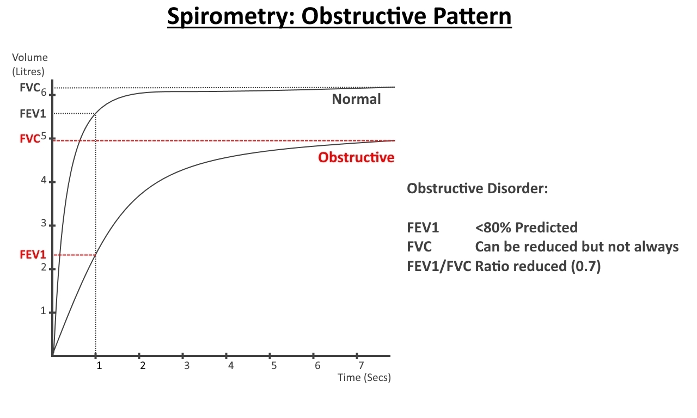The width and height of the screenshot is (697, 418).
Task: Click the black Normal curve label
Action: pos(356,99)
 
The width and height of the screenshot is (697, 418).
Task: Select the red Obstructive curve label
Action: pos(356,157)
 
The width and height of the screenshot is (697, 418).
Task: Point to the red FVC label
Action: pos(30,139)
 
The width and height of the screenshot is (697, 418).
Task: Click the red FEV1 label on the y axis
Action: pos(33,255)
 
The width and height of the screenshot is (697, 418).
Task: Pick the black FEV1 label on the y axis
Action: pos(33,114)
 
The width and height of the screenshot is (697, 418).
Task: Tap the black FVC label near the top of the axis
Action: pos(30,88)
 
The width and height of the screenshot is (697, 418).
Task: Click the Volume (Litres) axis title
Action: pos(29,64)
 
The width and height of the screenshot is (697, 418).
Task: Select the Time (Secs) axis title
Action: pos(364,378)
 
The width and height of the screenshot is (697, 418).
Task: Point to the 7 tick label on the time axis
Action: pos(361,365)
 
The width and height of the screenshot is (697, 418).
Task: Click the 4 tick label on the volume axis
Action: pos(44,180)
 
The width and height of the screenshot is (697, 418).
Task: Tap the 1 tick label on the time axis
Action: pos(99,365)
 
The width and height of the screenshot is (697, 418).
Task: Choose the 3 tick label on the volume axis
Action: pos(44,223)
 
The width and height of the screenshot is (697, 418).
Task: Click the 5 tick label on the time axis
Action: pos(274,365)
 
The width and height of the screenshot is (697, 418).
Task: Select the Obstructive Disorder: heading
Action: pos(478,188)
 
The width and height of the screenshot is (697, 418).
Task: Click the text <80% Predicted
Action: pos(526,228)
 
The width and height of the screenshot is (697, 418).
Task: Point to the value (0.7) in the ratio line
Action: pos(586,267)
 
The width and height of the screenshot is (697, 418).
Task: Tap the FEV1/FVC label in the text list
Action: pos(439,267)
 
